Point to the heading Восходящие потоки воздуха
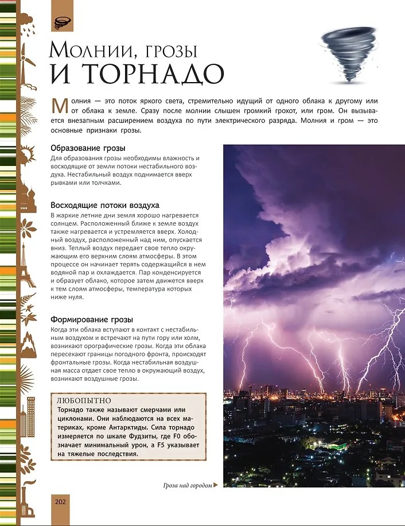click(x=104, y=205)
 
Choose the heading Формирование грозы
click(x=92, y=319)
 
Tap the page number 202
click(x=61, y=501)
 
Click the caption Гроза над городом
click(x=187, y=486)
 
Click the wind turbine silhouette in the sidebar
click(x=25, y=58)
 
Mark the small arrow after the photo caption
click(x=216, y=486)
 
